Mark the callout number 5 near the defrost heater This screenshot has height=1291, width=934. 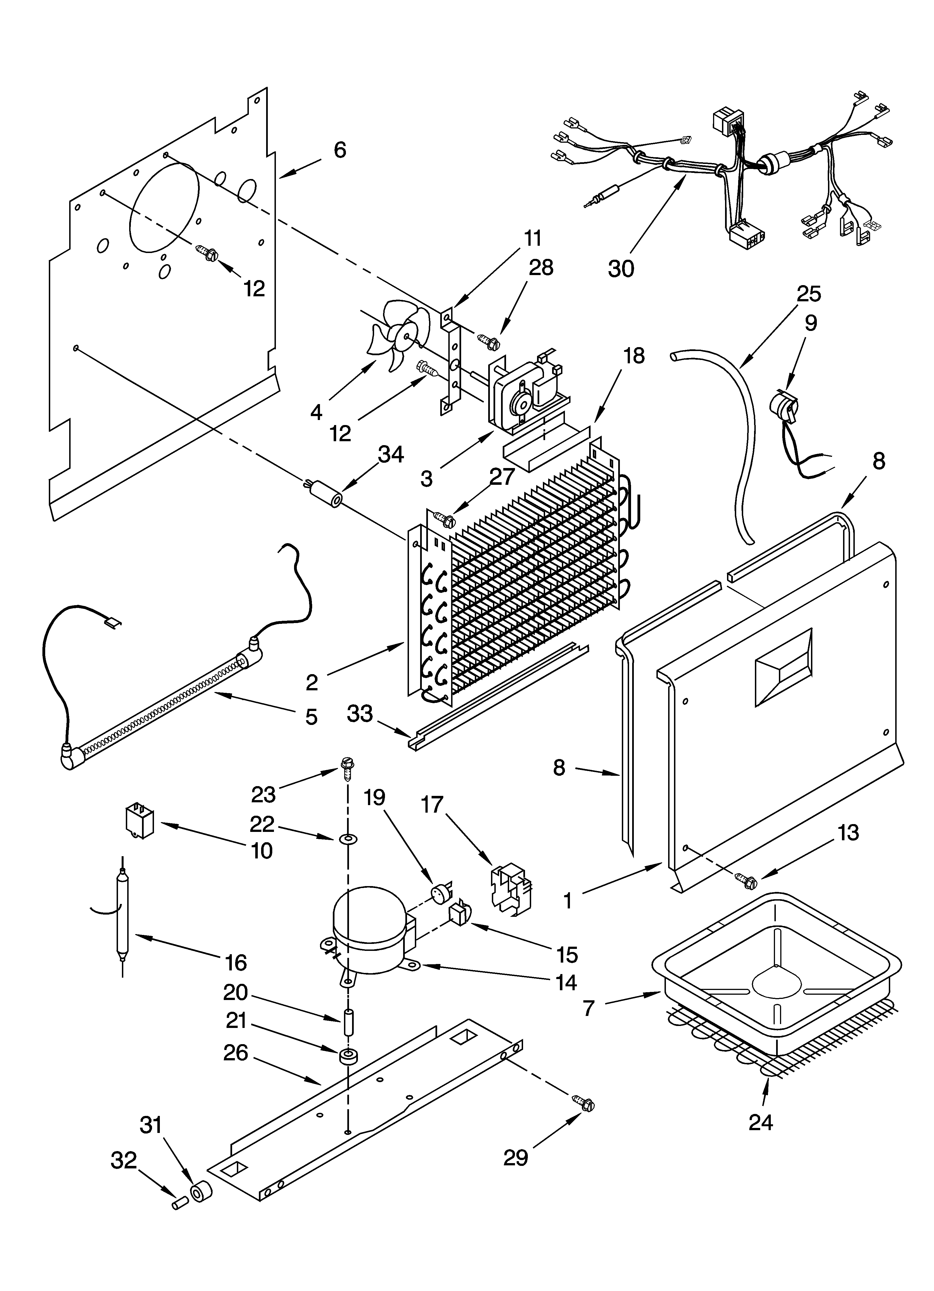click(x=311, y=717)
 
